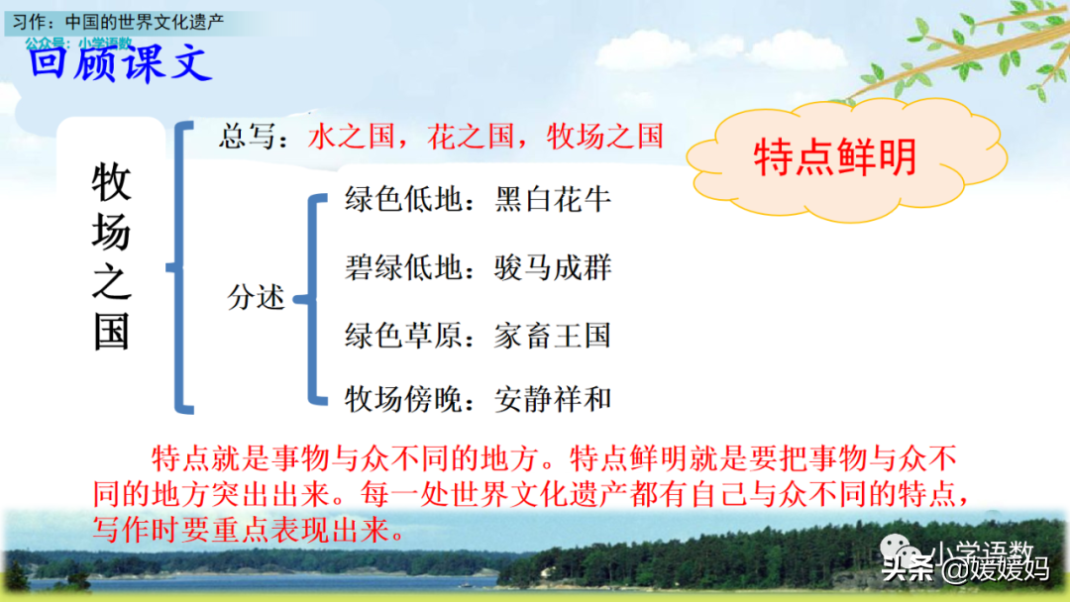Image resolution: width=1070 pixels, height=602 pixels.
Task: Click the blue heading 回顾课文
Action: click(120, 63)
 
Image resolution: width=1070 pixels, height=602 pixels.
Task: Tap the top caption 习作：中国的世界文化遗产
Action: click(118, 22)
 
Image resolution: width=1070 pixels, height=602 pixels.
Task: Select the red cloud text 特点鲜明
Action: click(834, 156)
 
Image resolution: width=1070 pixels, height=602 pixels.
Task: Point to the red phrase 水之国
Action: click(351, 137)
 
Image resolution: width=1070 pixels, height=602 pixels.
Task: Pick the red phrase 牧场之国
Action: click(604, 137)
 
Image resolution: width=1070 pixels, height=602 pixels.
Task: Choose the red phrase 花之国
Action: click(471, 137)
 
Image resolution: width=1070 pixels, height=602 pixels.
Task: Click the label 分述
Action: click(256, 297)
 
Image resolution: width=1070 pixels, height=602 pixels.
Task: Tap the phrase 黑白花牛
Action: click(553, 200)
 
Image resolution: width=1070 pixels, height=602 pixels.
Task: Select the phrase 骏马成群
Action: click(553, 267)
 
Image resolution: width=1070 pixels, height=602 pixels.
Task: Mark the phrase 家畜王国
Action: click(553, 336)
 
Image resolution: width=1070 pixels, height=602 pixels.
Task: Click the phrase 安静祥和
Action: click(553, 399)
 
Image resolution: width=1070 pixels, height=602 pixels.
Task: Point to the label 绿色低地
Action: click(403, 200)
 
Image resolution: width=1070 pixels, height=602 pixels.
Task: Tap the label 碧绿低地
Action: click(403, 267)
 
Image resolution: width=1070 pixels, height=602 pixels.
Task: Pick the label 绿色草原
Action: click(403, 336)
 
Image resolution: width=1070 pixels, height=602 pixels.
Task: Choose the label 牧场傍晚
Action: click(403, 399)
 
